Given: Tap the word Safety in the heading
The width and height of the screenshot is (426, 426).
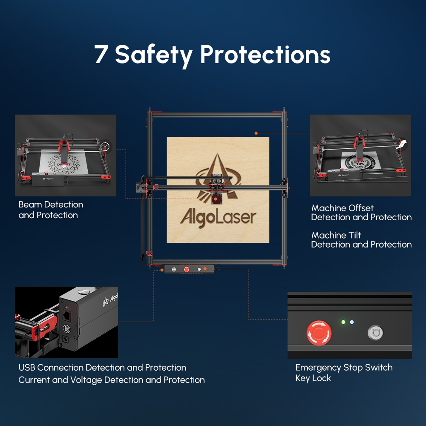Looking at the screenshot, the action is (154, 56).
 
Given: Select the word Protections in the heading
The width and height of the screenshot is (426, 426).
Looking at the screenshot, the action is (265, 54).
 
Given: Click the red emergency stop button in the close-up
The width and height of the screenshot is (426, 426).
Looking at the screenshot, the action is (319, 333).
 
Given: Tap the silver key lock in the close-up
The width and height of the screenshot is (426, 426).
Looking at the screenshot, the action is (375, 333).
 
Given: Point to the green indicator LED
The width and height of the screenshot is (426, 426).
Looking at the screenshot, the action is (343, 322).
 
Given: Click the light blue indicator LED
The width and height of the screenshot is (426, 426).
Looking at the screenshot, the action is (352, 322).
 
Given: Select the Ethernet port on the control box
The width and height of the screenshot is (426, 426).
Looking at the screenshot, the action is (66, 315).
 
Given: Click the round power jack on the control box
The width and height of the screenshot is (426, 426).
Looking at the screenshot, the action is (66, 339).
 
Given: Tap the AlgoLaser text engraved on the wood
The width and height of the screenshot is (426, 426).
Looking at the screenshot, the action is (218, 217).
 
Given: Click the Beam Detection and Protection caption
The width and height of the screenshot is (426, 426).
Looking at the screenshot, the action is (51, 210).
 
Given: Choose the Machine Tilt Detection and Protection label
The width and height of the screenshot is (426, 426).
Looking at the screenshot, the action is (361, 239).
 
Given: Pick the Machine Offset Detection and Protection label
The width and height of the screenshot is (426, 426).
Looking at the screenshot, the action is (361, 213).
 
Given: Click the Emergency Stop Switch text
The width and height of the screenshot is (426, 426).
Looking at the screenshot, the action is (344, 367).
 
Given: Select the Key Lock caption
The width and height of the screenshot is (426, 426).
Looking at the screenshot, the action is (313, 378).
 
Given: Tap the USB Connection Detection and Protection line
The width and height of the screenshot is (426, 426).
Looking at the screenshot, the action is (102, 368).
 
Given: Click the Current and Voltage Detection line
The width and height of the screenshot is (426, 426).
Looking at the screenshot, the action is (112, 380).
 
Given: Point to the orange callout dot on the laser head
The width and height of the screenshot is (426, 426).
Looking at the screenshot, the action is (216, 199).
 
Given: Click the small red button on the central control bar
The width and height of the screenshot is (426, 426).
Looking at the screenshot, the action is (187, 269).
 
